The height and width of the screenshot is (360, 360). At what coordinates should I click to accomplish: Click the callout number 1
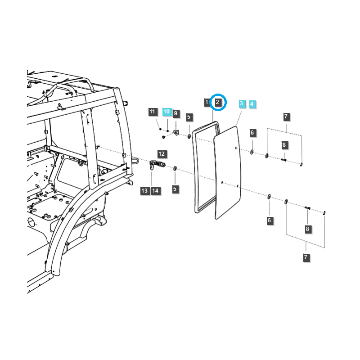click(x=207, y=103)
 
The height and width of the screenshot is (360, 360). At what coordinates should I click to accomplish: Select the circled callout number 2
click(x=218, y=103)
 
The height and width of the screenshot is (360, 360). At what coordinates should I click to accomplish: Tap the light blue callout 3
click(x=242, y=104)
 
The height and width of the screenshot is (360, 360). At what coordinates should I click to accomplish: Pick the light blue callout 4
click(x=252, y=104)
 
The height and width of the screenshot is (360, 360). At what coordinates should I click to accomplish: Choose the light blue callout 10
click(x=166, y=112)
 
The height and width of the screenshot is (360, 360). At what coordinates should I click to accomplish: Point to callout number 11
click(x=152, y=112)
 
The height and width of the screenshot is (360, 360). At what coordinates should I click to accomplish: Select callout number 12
click(x=162, y=154)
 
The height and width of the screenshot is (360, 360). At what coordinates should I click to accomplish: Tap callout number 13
click(x=144, y=191)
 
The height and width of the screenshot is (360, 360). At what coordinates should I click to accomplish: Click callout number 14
click(x=155, y=191)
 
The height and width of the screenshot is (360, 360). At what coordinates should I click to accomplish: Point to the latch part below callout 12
click(x=156, y=165)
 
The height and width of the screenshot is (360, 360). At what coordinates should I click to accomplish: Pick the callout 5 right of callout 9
click(x=189, y=117)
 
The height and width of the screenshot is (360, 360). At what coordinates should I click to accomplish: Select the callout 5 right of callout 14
click(x=175, y=189)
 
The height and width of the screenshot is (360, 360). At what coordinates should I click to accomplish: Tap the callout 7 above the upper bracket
click(x=286, y=117)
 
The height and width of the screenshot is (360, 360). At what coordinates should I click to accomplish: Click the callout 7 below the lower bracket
click(x=306, y=257)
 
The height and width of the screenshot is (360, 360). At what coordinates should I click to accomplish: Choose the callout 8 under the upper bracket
click(x=284, y=145)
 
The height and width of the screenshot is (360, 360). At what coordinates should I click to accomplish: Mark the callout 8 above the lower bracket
click(x=308, y=229)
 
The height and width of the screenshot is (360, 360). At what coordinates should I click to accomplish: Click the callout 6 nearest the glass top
click(x=252, y=133)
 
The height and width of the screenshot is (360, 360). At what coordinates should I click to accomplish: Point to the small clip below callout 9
click(x=176, y=132)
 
